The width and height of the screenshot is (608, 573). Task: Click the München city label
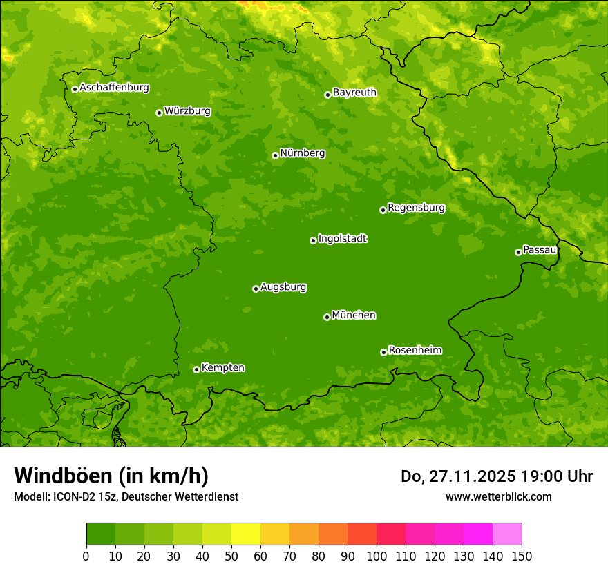(354, 315)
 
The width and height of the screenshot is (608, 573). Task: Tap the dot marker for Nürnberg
(275, 155)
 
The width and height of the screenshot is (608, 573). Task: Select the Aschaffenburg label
(114, 88)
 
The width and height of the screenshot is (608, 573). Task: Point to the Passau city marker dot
(518, 252)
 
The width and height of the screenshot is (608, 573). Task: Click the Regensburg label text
(416, 208)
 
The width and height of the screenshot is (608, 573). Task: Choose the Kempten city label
(222, 368)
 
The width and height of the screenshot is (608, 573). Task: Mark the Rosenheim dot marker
(383, 352)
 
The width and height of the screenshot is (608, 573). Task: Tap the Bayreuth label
(354, 93)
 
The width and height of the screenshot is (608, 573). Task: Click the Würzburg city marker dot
(159, 113)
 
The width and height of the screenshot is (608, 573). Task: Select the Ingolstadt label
(342, 239)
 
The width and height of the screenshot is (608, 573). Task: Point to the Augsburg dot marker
(256, 289)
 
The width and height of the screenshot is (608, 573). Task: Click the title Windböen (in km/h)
(111, 476)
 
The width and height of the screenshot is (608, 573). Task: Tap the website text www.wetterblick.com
(498, 496)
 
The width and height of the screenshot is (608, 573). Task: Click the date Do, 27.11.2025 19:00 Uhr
(496, 476)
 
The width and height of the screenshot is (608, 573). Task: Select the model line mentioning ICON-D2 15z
(126, 496)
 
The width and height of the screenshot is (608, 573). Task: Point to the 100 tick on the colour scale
(377, 556)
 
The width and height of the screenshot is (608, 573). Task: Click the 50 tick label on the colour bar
(231, 556)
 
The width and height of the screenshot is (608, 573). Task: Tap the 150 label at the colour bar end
(522, 556)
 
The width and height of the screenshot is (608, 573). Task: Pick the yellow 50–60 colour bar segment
(246, 534)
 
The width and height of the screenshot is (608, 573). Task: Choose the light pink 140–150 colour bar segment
(507, 534)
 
